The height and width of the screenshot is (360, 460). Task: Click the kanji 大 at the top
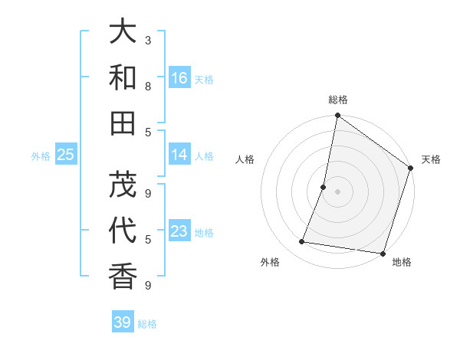click(x=123, y=32)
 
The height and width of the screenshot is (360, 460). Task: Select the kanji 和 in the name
click(x=123, y=78)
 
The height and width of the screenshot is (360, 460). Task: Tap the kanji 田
click(x=123, y=123)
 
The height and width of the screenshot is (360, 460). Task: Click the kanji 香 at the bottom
click(x=123, y=275)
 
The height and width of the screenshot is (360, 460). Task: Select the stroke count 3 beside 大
click(x=148, y=40)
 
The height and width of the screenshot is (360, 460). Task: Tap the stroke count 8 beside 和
click(x=148, y=87)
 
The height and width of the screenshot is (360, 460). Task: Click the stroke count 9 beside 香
click(x=148, y=285)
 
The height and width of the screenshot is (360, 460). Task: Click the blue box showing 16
click(x=179, y=78)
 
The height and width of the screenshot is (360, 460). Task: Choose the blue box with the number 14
click(x=179, y=155)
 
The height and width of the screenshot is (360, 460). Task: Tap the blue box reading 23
click(x=179, y=231)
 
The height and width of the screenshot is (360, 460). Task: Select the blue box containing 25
click(x=65, y=155)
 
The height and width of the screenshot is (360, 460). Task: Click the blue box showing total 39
click(x=122, y=322)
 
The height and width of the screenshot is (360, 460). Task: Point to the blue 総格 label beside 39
click(x=148, y=324)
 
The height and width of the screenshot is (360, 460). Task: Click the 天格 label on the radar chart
click(x=431, y=159)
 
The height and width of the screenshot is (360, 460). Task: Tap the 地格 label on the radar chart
click(x=402, y=262)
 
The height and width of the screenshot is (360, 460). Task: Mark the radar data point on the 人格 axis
click(x=324, y=187)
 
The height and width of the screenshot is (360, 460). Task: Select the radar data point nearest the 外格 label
click(x=302, y=242)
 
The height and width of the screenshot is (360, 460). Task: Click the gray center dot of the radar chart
click(x=337, y=191)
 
